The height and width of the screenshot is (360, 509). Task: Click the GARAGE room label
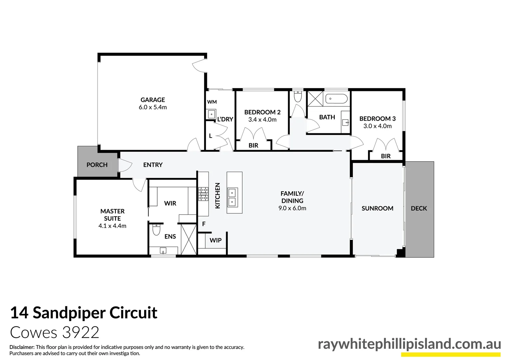(x=153, y=100)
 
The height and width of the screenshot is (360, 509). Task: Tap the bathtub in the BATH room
(x=336, y=99)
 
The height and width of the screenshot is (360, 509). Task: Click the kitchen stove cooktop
(x=203, y=194)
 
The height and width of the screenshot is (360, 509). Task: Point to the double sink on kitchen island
(x=232, y=197)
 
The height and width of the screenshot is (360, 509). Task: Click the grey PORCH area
(x=97, y=165)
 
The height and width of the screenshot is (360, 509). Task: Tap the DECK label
(x=419, y=208)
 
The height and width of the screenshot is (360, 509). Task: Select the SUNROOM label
(x=377, y=208)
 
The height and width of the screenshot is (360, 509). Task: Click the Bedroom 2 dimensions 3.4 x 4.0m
(x=262, y=120)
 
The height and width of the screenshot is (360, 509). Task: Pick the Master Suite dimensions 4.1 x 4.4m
(x=112, y=226)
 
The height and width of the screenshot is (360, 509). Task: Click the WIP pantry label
(x=216, y=240)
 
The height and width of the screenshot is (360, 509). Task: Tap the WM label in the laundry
(x=212, y=102)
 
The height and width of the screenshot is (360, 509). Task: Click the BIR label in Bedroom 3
(x=386, y=156)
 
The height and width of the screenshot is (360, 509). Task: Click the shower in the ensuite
(x=189, y=239)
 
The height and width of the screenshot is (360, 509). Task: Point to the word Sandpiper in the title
(x=69, y=313)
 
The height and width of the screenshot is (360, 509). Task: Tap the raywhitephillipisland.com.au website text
(x=409, y=344)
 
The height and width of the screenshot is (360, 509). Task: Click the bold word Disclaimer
(x=22, y=347)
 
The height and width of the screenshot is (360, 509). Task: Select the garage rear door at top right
(x=199, y=66)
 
